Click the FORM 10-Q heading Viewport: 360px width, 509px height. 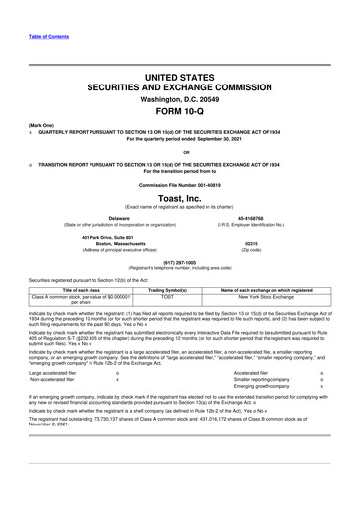pos(179,112)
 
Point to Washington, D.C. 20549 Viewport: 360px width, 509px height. pos(179,99)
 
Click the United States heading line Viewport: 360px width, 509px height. pos(179,76)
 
